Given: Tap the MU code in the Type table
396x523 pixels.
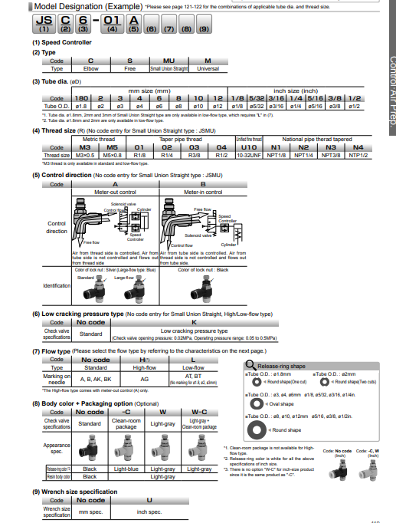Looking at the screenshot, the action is tap(169, 61).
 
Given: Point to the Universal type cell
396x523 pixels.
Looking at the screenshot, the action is tap(208, 68).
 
